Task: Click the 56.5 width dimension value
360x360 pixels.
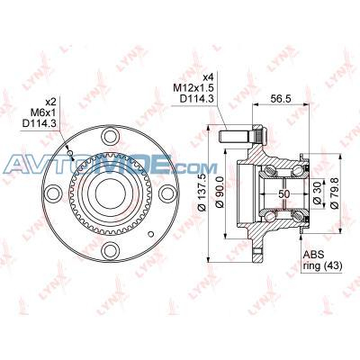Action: (x=281, y=98)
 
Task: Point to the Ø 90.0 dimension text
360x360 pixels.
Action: (x=220, y=192)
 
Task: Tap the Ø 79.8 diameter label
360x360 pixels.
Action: (x=335, y=193)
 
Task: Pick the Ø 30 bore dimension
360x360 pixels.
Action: (x=318, y=193)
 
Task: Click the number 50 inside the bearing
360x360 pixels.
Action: (x=283, y=194)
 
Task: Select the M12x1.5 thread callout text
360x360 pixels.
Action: (x=193, y=88)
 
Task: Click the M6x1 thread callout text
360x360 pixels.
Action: (x=43, y=112)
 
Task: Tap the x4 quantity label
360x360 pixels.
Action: (x=208, y=78)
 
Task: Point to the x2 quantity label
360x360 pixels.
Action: (x=51, y=103)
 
